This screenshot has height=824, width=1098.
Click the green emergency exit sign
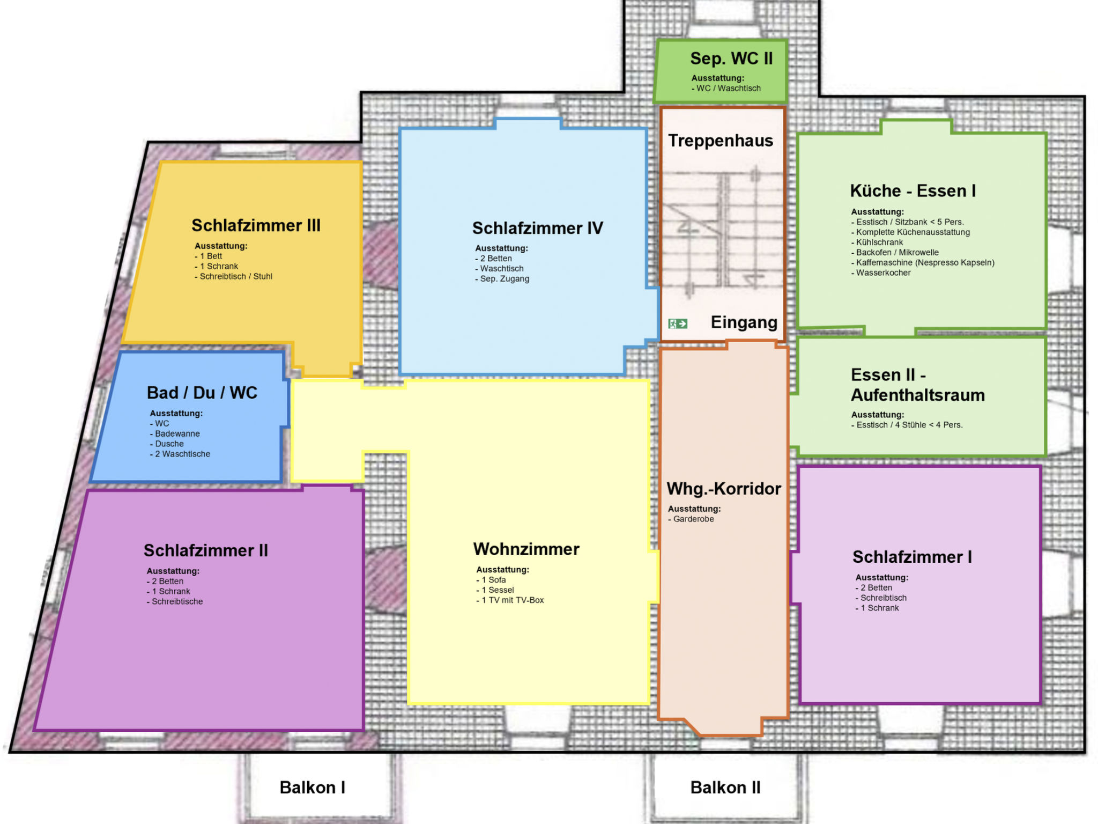coord(678,323)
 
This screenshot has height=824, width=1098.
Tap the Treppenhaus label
coord(721,141)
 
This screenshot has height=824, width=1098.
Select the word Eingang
coord(744,322)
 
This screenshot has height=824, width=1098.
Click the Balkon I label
coord(313,787)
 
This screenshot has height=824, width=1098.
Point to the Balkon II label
coord(725,787)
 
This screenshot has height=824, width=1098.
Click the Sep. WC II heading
coord(731,58)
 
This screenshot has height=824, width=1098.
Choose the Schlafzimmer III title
coord(256,225)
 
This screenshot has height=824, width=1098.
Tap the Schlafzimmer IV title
coord(538,228)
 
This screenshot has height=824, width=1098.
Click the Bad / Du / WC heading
coord(202,393)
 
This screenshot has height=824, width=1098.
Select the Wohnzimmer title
coord(526,549)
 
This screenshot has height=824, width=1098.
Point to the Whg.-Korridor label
coord(724,489)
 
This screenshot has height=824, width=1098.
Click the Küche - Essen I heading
coord(913,190)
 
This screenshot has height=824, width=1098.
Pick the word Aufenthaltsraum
coord(918,395)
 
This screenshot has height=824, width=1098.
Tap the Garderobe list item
coord(691,519)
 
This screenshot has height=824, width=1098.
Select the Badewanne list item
coord(175,433)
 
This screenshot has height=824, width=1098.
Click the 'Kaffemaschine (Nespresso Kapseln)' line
coord(923,262)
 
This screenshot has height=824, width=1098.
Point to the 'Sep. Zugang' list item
coord(502,279)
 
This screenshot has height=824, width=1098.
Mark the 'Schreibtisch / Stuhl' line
coord(234,276)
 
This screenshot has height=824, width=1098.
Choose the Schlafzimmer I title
coord(912,557)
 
